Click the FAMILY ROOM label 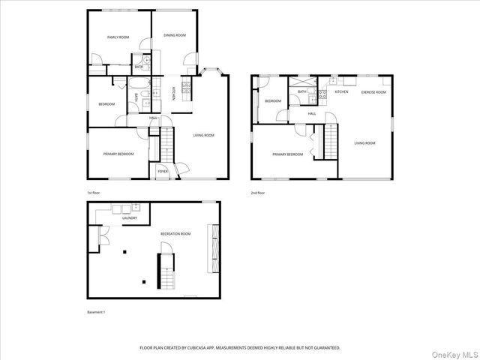tap(118, 37)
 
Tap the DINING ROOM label tap(175, 35)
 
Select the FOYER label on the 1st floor tap(163, 172)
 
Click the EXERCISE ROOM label tap(373, 92)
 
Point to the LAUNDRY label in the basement tap(119, 217)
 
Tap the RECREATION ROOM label tap(175, 234)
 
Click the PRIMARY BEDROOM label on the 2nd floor tap(288, 154)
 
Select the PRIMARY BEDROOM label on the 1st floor tap(118, 154)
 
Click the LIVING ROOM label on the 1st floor tap(204, 136)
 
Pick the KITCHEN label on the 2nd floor tap(341, 92)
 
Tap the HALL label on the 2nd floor tap(311, 113)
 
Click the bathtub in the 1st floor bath tap(141, 84)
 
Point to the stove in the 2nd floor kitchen tap(322, 94)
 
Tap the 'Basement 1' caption tap(96, 312)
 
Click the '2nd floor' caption tap(258, 193)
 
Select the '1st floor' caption tap(94, 193)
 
